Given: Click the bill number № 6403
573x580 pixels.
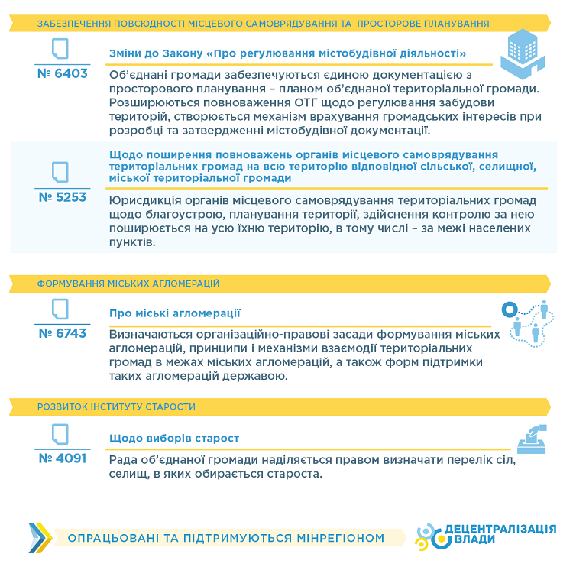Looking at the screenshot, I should (62, 74).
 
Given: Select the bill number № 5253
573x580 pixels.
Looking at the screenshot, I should (62, 197).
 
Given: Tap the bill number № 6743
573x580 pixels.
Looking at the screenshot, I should (62, 333).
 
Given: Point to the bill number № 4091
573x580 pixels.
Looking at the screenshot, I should (62, 458).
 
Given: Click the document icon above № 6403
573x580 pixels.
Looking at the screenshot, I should (60, 50).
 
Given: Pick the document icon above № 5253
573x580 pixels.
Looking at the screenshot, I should (60, 172).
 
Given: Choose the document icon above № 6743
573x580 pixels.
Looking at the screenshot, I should (60, 309).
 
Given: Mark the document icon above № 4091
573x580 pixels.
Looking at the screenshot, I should (60, 434).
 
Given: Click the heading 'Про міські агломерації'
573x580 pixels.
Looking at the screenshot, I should (175, 313).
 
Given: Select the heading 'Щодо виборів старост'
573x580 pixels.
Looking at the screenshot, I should (174, 438).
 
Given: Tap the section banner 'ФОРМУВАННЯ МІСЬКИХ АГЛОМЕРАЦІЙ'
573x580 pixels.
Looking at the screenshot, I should (128, 284).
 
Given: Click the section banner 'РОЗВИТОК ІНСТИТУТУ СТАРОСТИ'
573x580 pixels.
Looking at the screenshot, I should (116, 407).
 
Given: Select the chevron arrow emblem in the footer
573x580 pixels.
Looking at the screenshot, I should (40, 538).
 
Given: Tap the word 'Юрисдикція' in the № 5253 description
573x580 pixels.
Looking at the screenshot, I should (143, 201).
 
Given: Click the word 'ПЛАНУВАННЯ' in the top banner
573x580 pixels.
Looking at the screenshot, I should (451, 24).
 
